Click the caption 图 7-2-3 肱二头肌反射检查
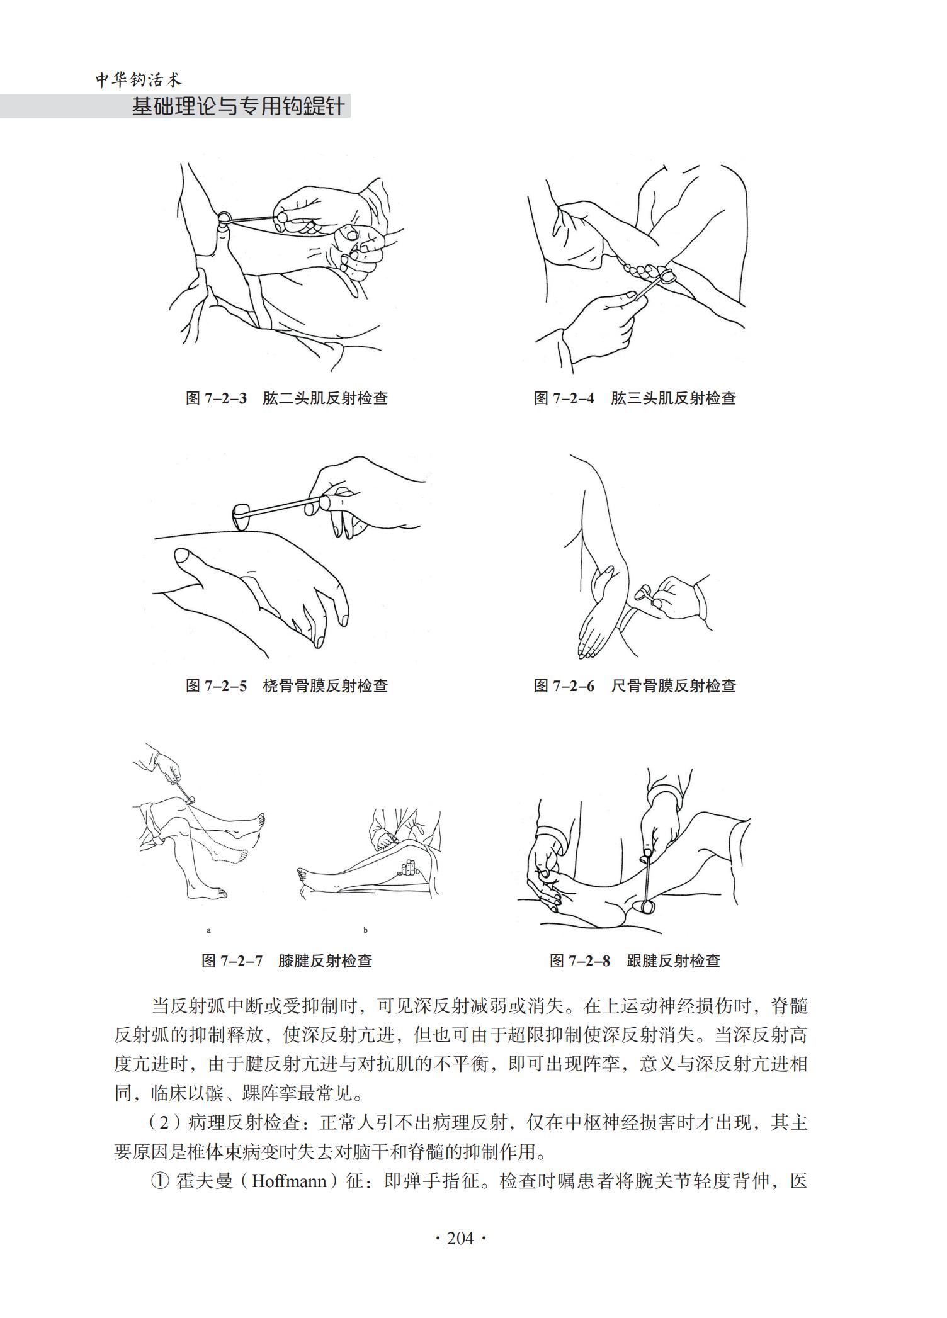coord(286,398)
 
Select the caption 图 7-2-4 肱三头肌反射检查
coord(635,398)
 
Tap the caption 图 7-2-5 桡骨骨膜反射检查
coord(286,685)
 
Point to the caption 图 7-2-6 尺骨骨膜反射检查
coord(635,685)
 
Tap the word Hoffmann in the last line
coord(289,1181)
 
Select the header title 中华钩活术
coord(139,80)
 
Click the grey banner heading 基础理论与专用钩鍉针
coord(238,106)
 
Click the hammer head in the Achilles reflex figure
coord(647,907)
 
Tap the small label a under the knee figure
coord(208,930)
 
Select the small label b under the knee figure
coord(365,930)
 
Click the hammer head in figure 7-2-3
coord(224,218)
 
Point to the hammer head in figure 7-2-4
coord(667,274)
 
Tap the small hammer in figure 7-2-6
coord(645,592)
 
